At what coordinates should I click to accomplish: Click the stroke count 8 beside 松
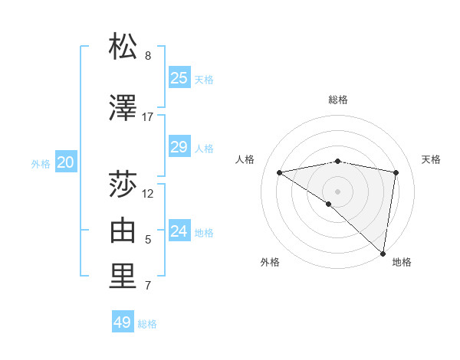[148, 56]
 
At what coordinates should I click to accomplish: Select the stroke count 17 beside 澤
[148, 117]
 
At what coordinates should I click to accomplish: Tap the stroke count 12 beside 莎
[148, 193]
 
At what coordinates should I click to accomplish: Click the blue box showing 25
[179, 78]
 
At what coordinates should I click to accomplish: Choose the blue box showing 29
[179, 147]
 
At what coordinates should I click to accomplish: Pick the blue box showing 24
[179, 231]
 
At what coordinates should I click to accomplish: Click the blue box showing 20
[66, 162]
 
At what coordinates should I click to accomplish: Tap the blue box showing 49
[123, 322]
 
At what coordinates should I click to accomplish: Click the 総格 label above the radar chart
[338, 100]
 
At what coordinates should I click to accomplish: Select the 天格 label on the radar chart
[431, 159]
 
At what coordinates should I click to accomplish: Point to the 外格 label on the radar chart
[270, 262]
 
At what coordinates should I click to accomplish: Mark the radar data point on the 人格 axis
[280, 172]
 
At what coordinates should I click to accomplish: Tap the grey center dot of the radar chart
[337, 191]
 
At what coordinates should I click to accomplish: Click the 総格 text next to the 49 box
[147, 324]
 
